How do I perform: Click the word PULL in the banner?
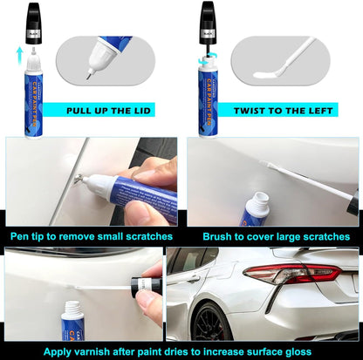click(86, 111)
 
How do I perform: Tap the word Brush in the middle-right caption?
click(220, 236)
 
